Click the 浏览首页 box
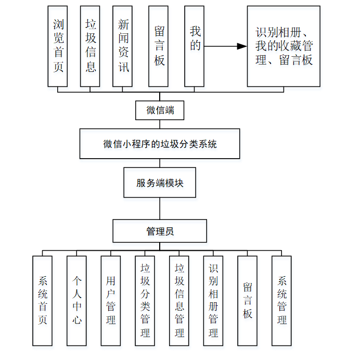click(x=58, y=46)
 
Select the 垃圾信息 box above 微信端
click(x=90, y=46)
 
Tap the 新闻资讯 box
click(x=122, y=46)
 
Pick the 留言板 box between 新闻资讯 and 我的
click(x=158, y=46)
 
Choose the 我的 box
click(x=194, y=46)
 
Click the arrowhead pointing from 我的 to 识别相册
click(x=241, y=46)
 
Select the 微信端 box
click(x=160, y=110)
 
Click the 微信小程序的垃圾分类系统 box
click(x=160, y=144)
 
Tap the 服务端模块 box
click(x=160, y=183)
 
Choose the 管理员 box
click(x=160, y=231)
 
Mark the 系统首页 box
click(x=43, y=301)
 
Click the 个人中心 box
click(x=76, y=301)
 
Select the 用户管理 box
click(x=111, y=301)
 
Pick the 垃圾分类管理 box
click(x=145, y=301)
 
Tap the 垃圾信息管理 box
click(x=179, y=301)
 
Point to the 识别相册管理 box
click(x=213, y=301)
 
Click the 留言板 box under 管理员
click(x=248, y=301)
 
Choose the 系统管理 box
click(x=282, y=301)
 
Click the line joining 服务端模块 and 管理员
click(x=160, y=209)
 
